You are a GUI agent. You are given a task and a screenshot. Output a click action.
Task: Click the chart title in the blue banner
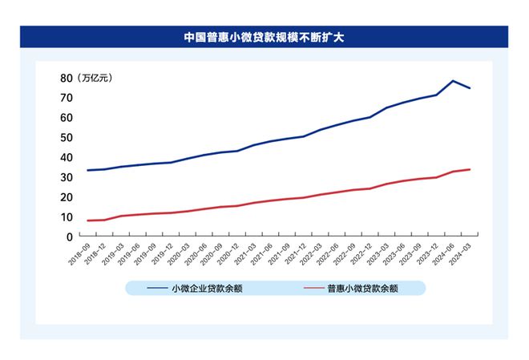coord(264,37)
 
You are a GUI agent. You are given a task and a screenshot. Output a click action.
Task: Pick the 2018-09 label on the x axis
coord(77,253)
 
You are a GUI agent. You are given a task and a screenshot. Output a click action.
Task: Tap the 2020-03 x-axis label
coord(178,253)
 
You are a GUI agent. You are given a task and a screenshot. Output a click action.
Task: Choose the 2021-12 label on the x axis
coord(296,253)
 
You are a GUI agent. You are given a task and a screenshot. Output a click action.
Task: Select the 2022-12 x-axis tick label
coord(363,253)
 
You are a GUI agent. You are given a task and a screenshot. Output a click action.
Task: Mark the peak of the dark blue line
coord(453,81)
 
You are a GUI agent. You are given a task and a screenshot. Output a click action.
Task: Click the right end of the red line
coord(470,169)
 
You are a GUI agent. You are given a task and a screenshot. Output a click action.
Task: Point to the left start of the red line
coord(87,220)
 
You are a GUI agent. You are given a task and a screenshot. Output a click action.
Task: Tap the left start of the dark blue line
coord(87,170)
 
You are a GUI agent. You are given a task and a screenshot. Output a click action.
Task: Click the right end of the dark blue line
coord(470,88)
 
